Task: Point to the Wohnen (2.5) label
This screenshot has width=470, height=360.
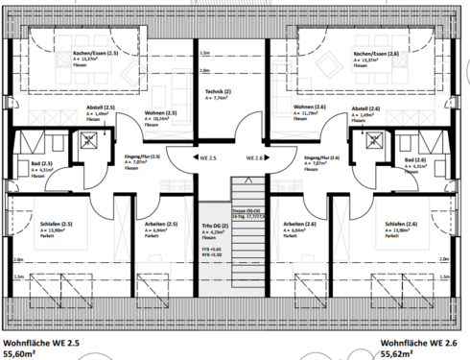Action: tap(165, 113)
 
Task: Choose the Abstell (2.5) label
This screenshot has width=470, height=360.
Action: tap(99, 107)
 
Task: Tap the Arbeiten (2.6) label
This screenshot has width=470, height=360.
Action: tap(300, 224)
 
